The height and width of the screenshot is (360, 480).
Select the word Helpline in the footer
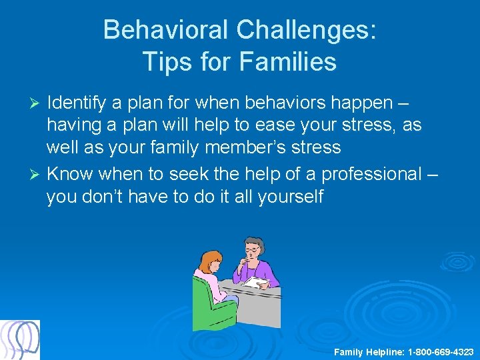point(378,351)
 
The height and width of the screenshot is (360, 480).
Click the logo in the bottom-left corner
point(20,339)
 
